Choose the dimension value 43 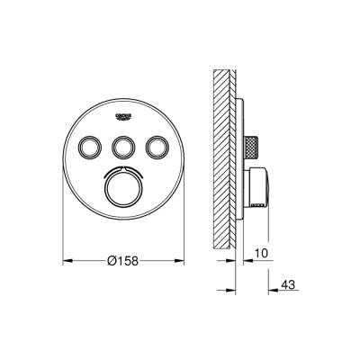[x=289, y=284]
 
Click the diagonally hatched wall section [x=225, y=144]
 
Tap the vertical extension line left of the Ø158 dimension [x=62, y=234]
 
